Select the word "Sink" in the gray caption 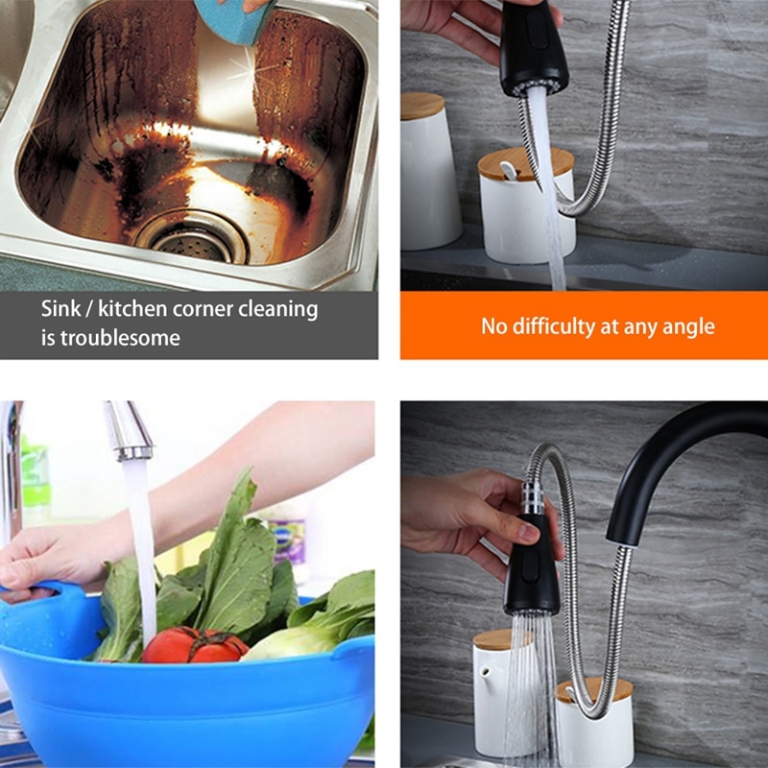click(60, 309)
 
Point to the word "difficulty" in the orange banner click(554, 326)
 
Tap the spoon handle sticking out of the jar click(508, 171)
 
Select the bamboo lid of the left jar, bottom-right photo click(502, 640)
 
